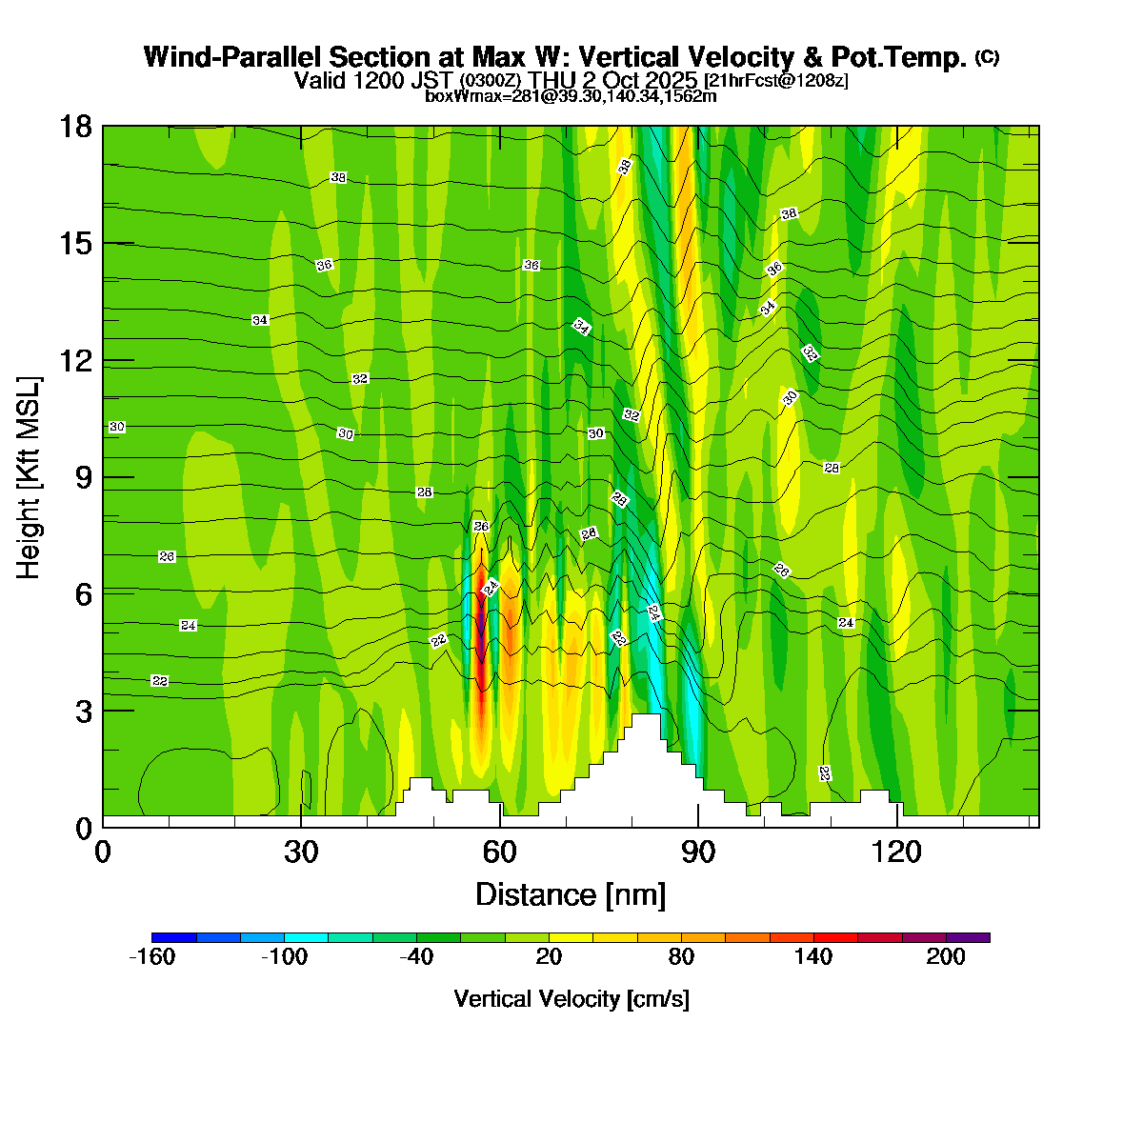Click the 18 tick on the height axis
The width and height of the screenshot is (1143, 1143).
tap(77, 126)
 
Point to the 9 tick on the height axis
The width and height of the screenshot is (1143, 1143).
tap(77, 477)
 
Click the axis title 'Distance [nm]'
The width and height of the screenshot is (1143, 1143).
tap(571, 894)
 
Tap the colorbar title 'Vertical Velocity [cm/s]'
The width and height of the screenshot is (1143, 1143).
tap(571, 999)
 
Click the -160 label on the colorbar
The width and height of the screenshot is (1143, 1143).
tap(152, 958)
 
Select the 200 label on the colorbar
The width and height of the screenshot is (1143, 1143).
tap(946, 958)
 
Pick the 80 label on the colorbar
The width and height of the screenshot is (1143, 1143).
tap(681, 958)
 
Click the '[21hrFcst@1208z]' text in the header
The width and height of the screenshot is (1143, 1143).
tap(776, 80)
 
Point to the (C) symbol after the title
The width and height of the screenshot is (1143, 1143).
tap(987, 57)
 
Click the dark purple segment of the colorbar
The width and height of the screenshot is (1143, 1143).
tap(968, 937)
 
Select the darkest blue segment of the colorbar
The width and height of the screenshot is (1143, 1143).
tap(174, 937)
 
